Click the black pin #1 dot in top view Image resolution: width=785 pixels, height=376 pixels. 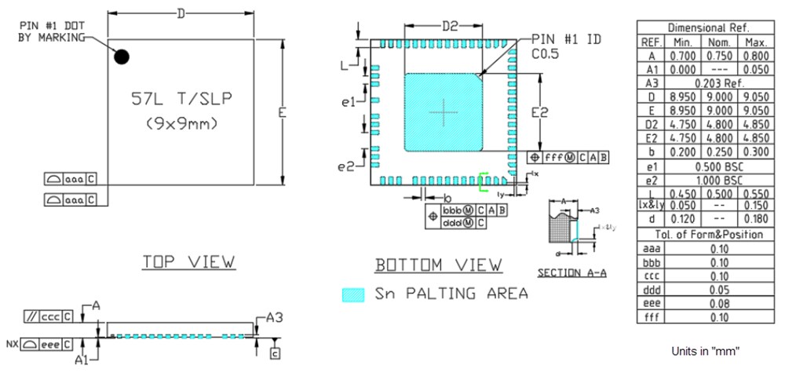click(122, 57)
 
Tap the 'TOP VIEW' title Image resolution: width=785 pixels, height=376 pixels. click(188, 262)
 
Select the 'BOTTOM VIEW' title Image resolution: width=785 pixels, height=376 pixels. click(439, 265)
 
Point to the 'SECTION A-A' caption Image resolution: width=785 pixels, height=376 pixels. click(571, 273)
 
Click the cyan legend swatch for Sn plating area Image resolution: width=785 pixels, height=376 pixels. click(354, 294)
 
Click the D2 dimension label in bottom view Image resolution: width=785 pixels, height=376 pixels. click(449, 26)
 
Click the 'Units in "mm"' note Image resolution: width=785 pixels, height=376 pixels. click(706, 351)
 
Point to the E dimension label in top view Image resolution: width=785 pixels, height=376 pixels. click(282, 113)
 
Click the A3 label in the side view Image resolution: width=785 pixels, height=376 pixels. click(274, 318)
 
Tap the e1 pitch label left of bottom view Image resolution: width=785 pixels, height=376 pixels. click(349, 102)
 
